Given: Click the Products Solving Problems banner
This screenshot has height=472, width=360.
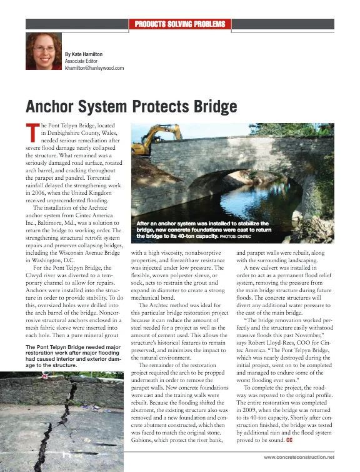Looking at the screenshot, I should coord(180,24).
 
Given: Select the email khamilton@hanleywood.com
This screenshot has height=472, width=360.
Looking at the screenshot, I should coord(94,68).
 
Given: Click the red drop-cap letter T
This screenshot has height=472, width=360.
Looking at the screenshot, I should coord(31,132).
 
